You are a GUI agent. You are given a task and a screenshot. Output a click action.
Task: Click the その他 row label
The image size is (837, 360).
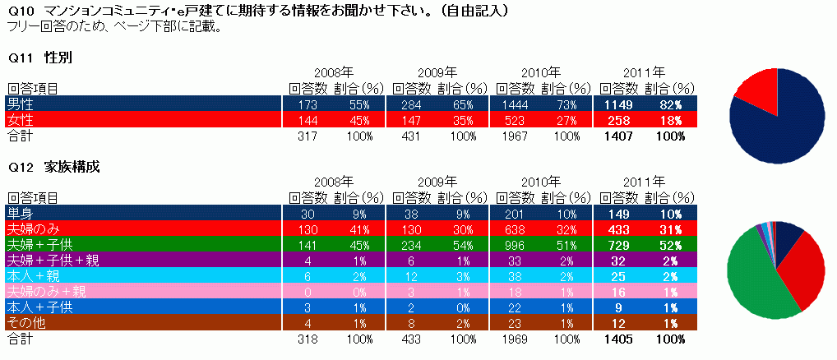[24, 323]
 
